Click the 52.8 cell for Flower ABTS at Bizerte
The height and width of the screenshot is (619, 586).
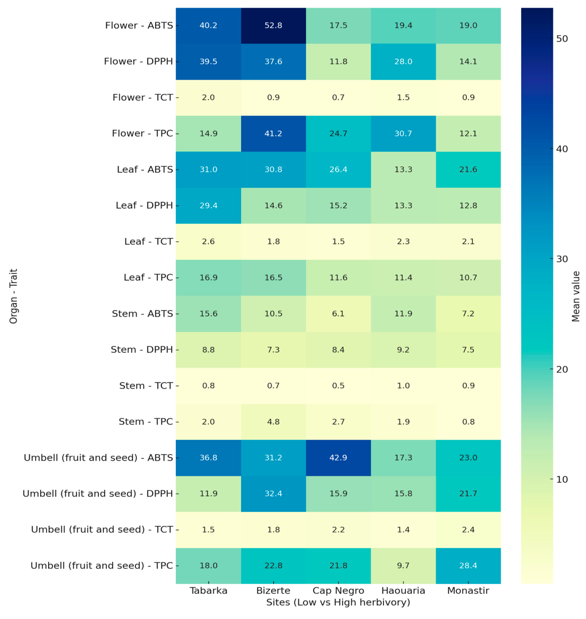coord(273,26)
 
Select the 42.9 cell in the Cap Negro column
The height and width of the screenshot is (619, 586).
coord(338,458)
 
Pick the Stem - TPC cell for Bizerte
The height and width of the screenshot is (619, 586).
coord(273,422)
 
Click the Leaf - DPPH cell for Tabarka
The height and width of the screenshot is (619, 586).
coord(208,205)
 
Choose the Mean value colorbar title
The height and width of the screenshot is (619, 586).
coord(576,296)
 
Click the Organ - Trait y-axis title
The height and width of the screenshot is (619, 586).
coord(13,296)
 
